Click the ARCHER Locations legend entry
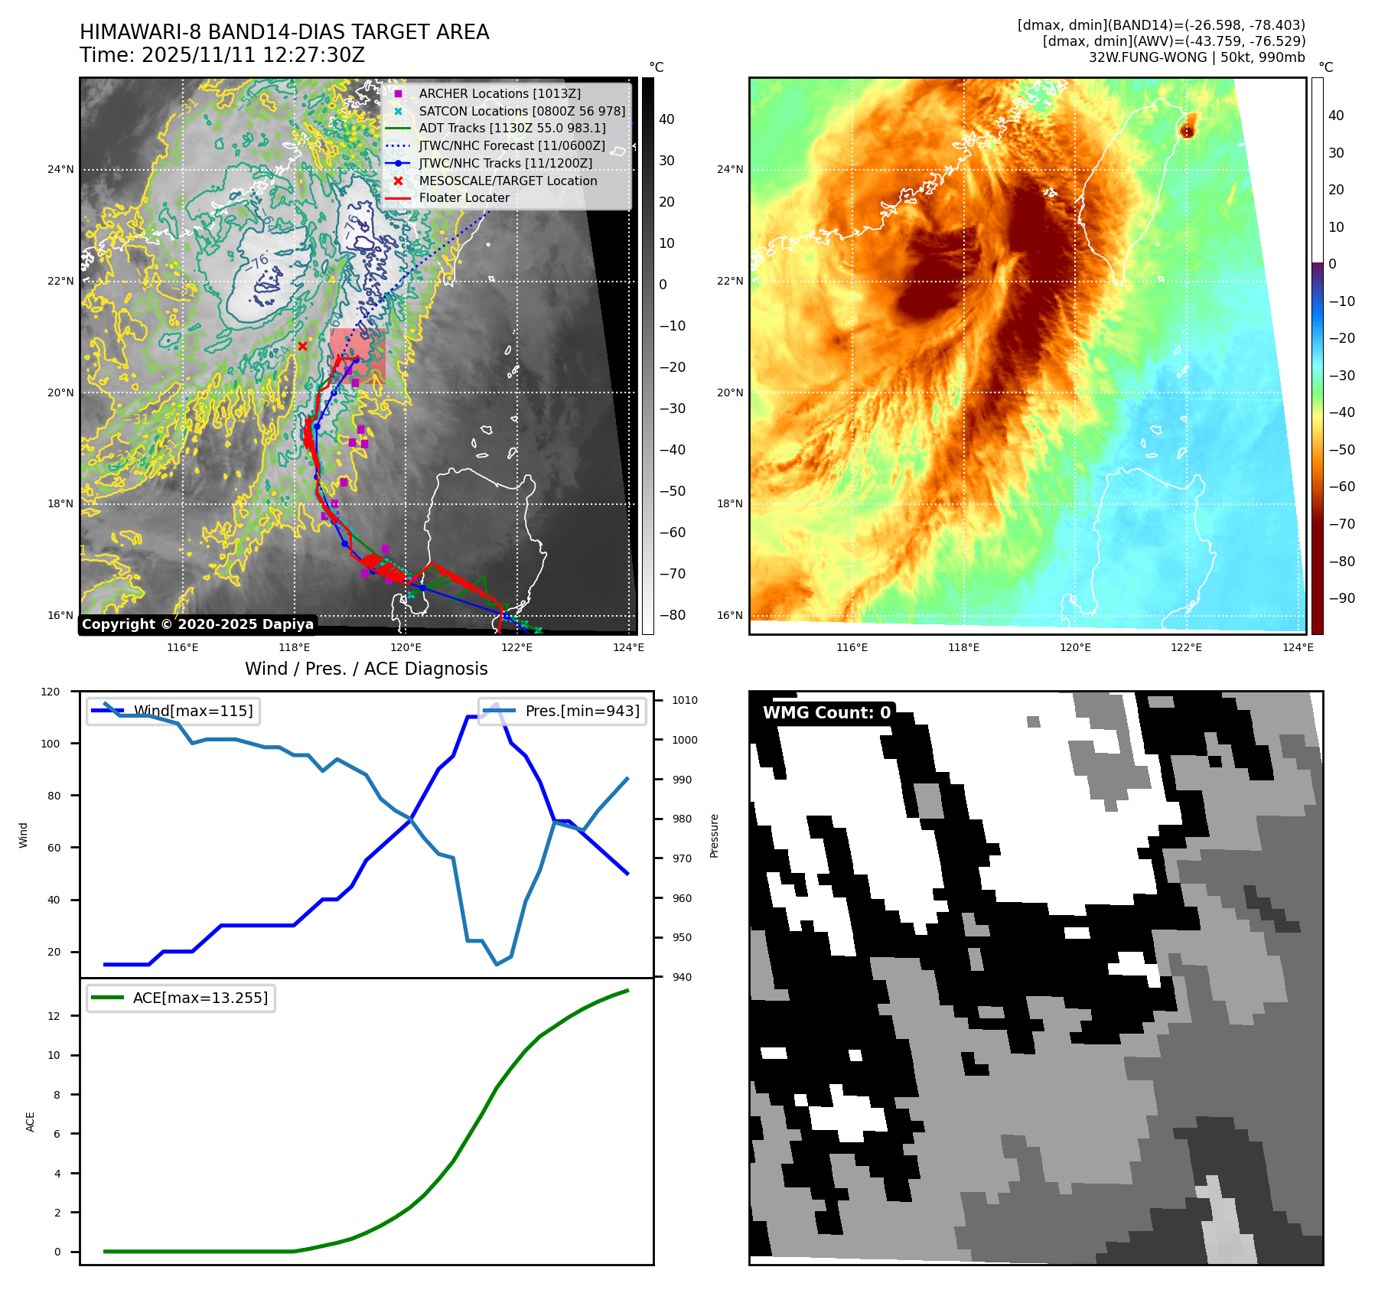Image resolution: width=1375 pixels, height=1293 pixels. pyautogui.click(x=499, y=93)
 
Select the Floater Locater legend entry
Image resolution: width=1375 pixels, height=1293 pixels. pyautogui.click(x=464, y=197)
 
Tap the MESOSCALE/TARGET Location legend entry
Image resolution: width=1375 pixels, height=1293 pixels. pyautogui.click(x=507, y=181)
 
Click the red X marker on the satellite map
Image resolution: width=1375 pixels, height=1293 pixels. pyautogui.click(x=302, y=347)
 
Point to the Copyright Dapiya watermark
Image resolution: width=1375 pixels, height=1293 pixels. pyautogui.click(x=197, y=624)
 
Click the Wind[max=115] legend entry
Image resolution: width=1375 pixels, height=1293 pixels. pyautogui.click(x=193, y=711)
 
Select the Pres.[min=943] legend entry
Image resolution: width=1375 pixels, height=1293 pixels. pyautogui.click(x=582, y=711)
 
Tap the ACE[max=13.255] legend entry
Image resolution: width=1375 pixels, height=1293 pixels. pyautogui.click(x=200, y=998)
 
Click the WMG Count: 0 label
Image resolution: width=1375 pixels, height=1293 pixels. pyautogui.click(x=826, y=713)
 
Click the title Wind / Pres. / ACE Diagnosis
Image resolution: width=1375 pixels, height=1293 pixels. pyautogui.click(x=366, y=669)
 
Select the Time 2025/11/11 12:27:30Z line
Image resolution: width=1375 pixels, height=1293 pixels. pyautogui.click(x=222, y=55)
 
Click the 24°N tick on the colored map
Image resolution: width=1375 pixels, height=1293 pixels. pyautogui.click(x=729, y=169)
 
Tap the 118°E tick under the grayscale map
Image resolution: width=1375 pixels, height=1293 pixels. pyautogui.click(x=294, y=647)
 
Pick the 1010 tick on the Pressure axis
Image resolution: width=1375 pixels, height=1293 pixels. pyautogui.click(x=685, y=700)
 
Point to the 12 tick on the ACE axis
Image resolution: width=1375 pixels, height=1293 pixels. pyautogui.click(x=54, y=1016)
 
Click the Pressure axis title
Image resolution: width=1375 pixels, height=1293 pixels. pyautogui.click(x=715, y=835)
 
